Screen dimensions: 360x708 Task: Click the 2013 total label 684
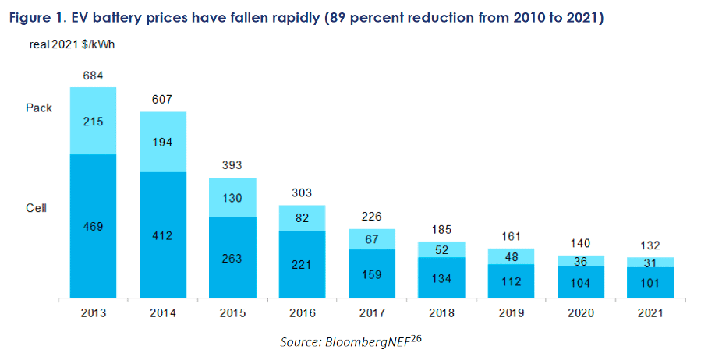point(93,75)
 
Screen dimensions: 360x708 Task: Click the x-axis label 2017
point(372,313)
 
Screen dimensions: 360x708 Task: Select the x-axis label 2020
point(582,313)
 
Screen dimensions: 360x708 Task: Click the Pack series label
point(39,108)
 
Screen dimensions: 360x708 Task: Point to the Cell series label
point(37,208)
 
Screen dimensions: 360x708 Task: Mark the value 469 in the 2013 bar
point(93,227)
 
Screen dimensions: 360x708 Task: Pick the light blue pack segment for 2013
point(93,121)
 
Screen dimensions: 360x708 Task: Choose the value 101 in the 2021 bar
point(651,282)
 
